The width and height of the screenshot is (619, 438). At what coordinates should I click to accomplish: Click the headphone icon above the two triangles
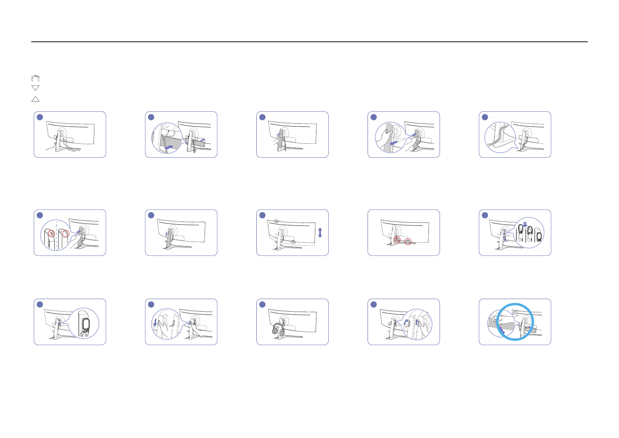click(x=35, y=78)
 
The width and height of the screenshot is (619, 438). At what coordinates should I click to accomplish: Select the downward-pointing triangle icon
click(x=35, y=88)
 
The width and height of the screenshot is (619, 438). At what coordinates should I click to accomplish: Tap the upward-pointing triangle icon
click(x=35, y=99)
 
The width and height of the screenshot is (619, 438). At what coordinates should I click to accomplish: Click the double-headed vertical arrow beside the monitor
click(x=320, y=232)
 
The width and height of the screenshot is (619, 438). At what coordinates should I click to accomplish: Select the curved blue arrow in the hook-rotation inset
click(x=406, y=323)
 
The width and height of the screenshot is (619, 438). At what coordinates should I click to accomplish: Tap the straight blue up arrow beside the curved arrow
click(x=416, y=322)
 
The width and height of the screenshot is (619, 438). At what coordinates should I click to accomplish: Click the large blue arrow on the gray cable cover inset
click(x=169, y=147)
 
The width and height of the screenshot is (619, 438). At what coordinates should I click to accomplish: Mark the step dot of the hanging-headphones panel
click(x=262, y=305)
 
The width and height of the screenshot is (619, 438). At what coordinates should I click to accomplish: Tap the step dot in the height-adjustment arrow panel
click(x=262, y=215)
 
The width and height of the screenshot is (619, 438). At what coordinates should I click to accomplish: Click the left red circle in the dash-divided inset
click(x=52, y=234)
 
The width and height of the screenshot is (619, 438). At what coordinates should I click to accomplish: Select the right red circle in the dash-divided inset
click(x=66, y=234)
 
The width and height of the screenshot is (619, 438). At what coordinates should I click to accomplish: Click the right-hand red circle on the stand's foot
click(x=408, y=242)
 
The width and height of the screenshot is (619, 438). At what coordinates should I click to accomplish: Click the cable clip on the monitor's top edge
click(x=276, y=221)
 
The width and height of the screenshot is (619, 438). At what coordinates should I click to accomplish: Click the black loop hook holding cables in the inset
click(x=86, y=324)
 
